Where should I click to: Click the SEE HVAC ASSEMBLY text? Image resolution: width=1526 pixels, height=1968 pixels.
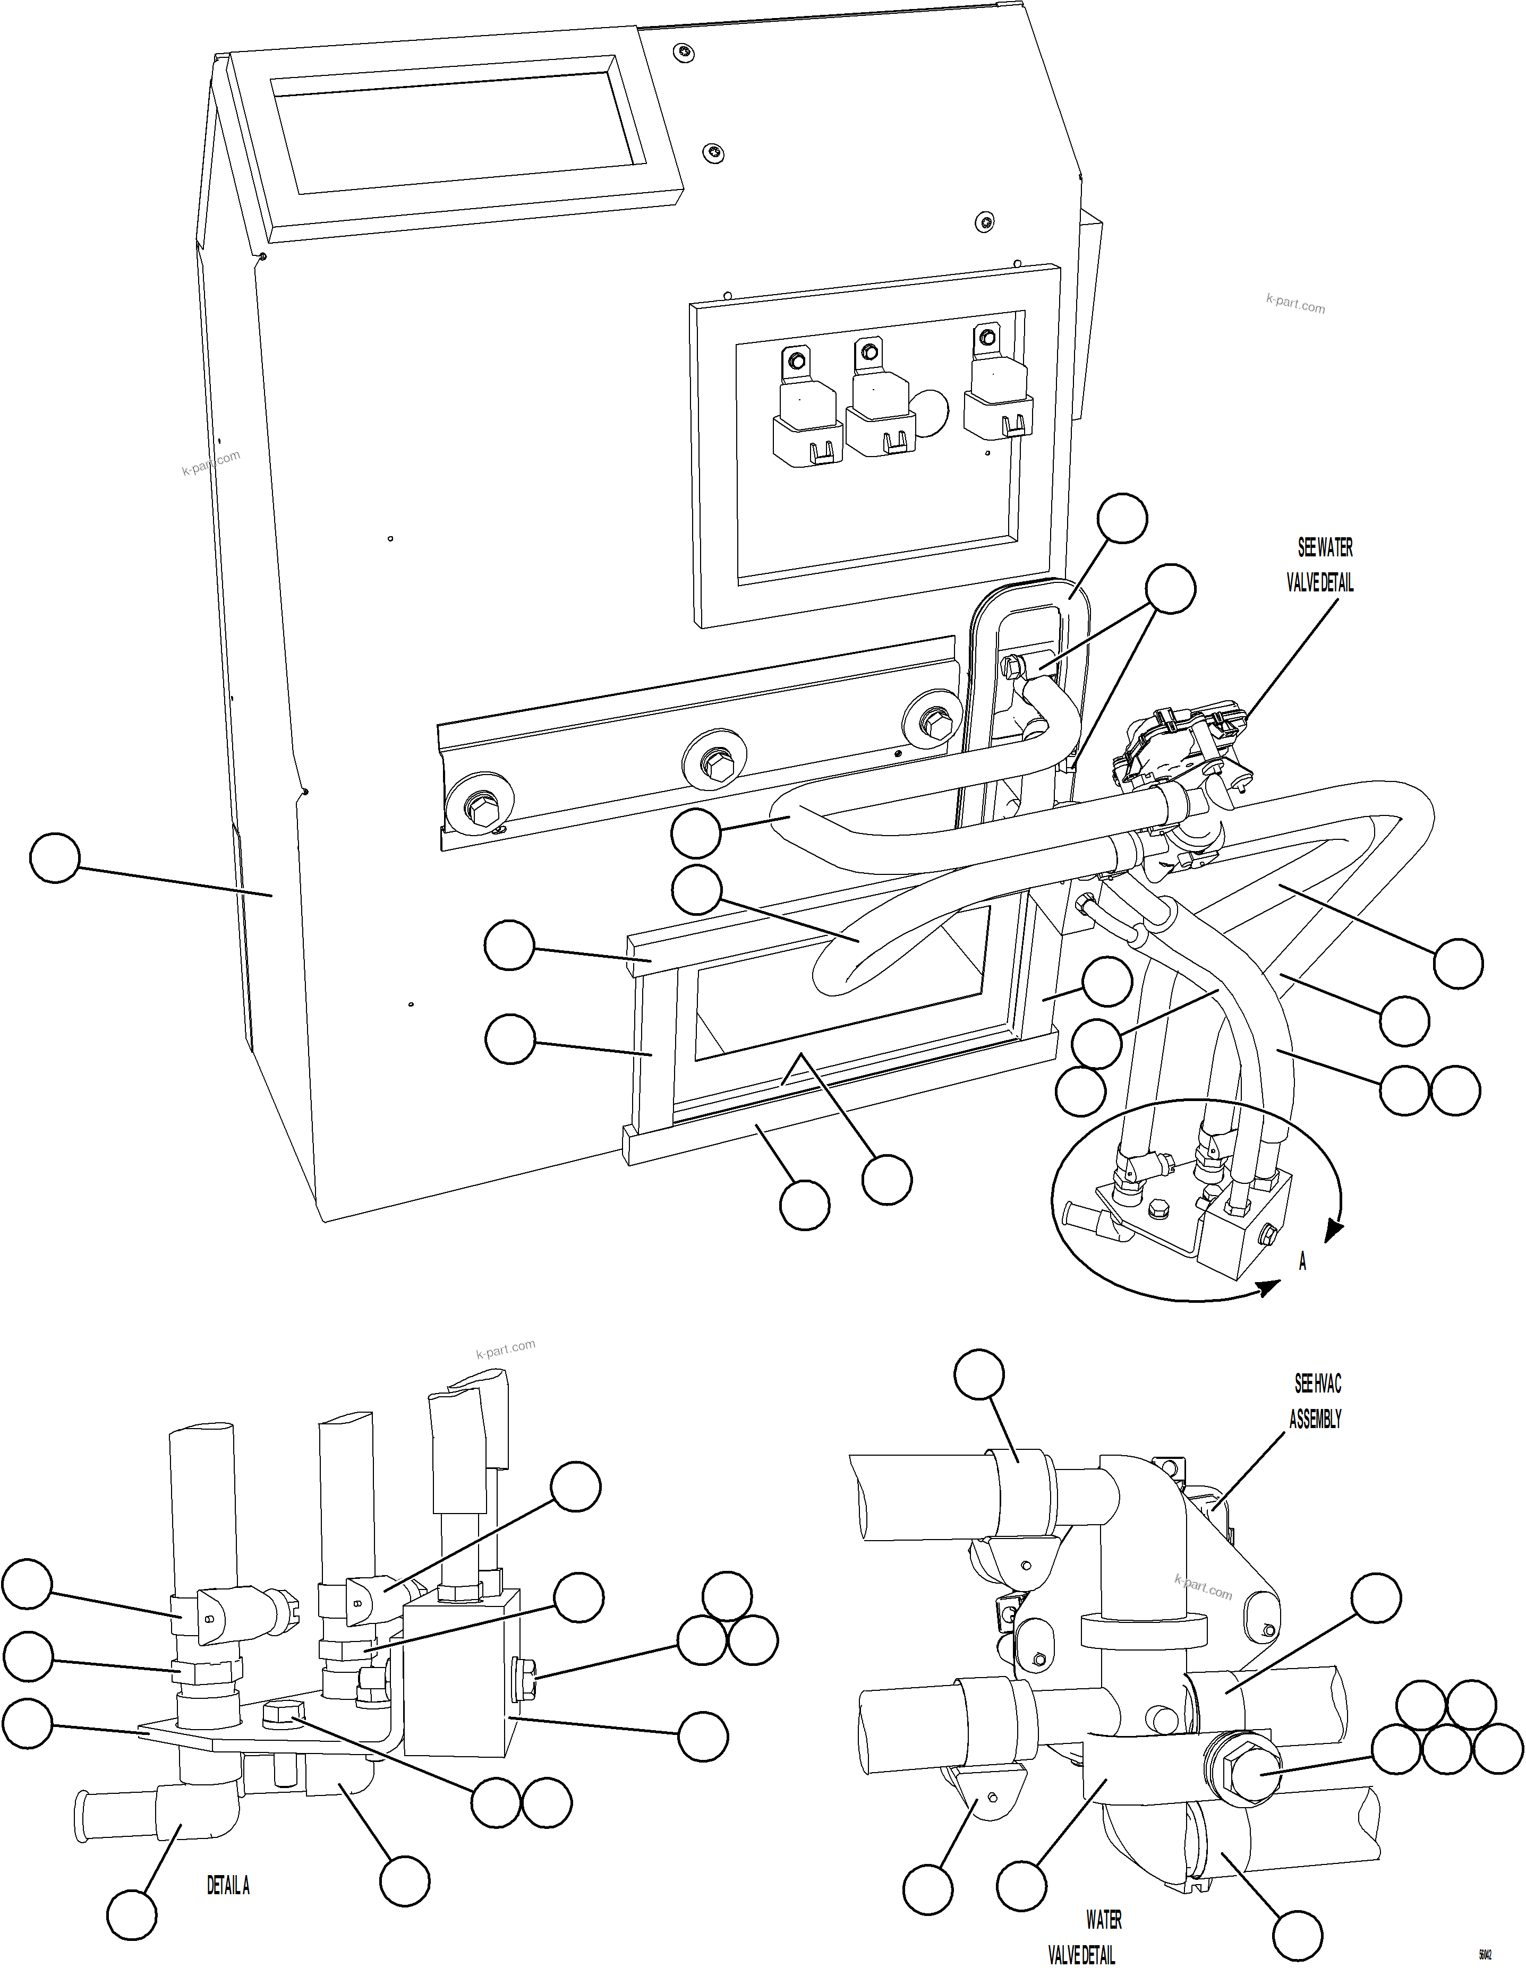[x=1316, y=1401]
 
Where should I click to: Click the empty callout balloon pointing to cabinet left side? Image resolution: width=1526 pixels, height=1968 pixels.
[x=55, y=858]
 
